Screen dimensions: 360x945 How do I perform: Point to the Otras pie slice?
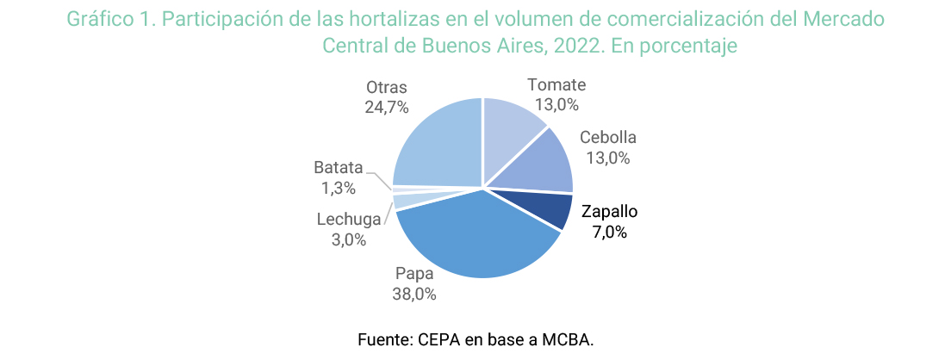[x=435, y=142]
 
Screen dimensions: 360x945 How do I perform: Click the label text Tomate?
[x=556, y=85]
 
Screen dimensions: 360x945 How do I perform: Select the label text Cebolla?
[x=608, y=138]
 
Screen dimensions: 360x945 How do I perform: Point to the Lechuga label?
[x=348, y=220]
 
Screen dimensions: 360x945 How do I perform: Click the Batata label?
[x=339, y=168]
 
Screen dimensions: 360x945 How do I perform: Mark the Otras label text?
[x=386, y=88]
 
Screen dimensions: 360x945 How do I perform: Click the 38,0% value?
[x=415, y=295]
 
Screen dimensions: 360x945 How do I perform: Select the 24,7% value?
[x=386, y=108]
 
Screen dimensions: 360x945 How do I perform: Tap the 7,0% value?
[x=610, y=232]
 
